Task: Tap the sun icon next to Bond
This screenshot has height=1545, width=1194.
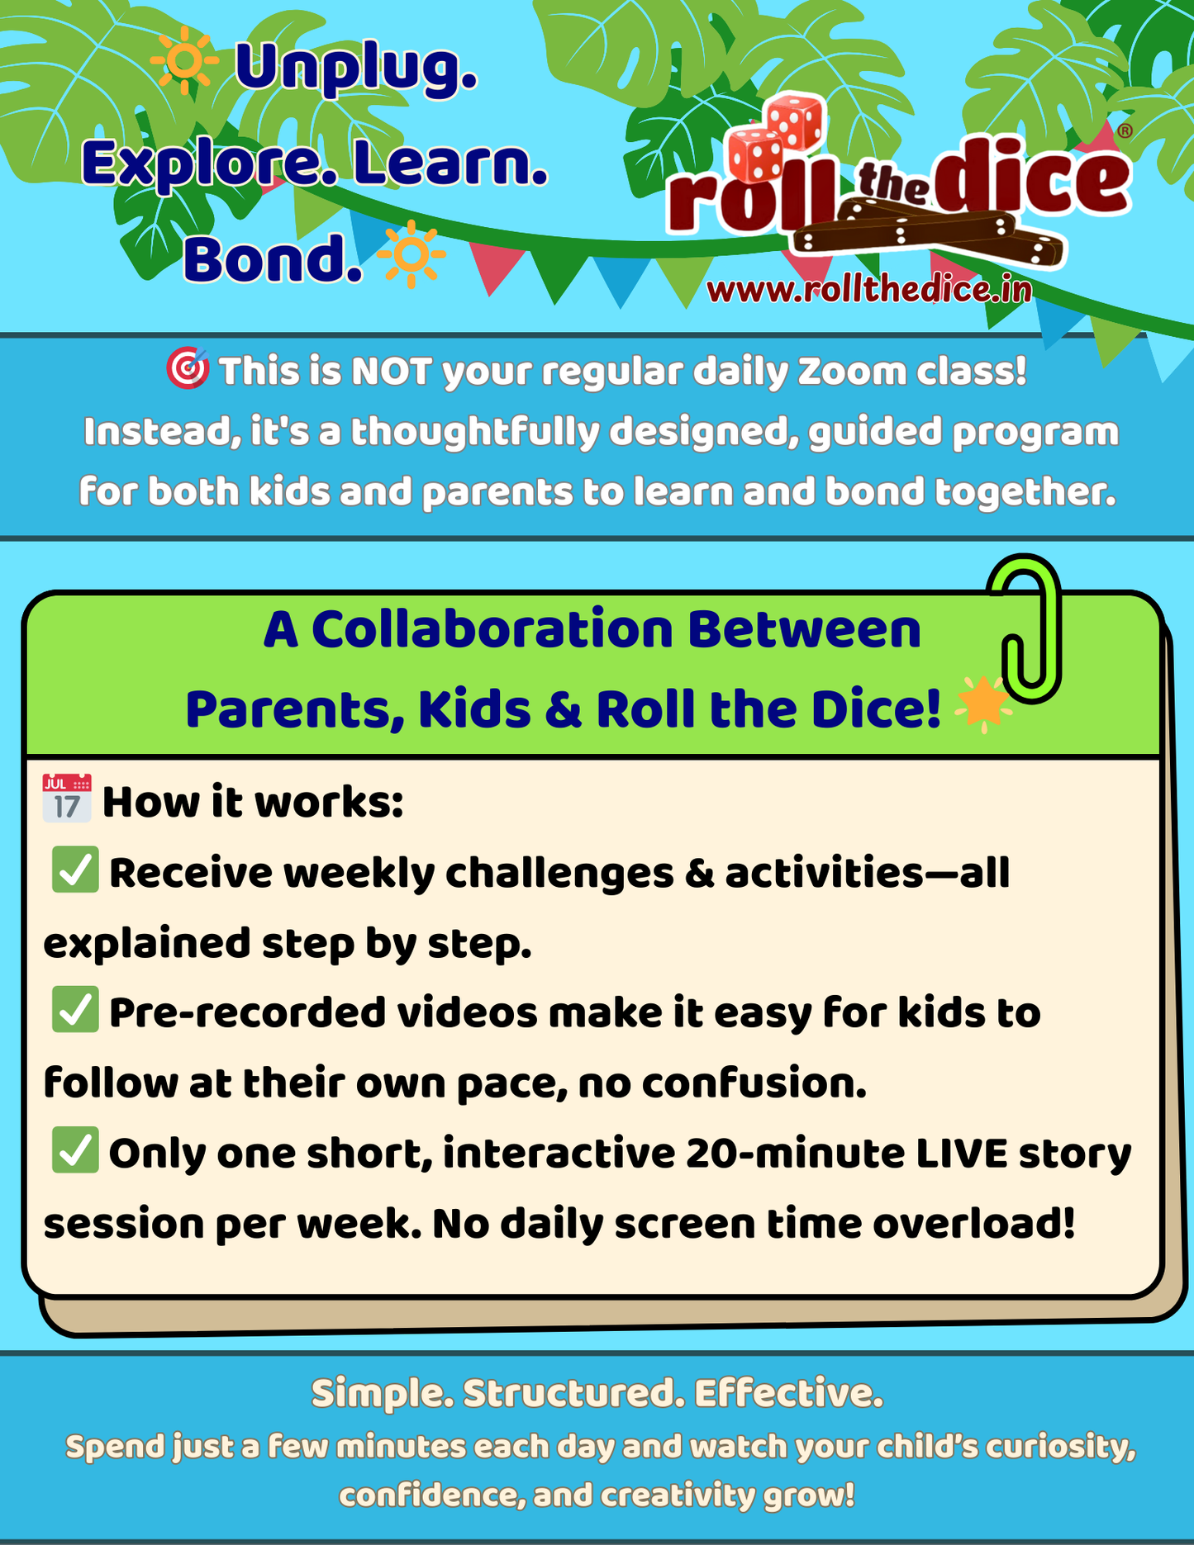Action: [x=411, y=254]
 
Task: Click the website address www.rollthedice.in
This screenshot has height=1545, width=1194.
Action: [x=869, y=289]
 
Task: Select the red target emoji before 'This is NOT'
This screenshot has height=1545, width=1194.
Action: [x=188, y=368]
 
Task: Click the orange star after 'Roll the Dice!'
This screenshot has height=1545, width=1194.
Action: [x=982, y=704]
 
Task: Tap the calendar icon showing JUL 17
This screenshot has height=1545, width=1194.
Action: [x=67, y=799]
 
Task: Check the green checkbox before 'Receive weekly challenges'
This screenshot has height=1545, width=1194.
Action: [x=75, y=870]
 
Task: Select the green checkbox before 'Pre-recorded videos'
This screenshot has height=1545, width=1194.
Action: [x=75, y=1009]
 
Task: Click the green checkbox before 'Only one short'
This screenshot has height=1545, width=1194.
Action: [x=75, y=1149]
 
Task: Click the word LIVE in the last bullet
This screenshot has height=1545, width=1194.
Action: [x=961, y=1154]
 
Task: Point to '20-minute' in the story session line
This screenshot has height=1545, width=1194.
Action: [x=794, y=1154]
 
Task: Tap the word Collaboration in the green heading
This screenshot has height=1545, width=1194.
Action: [x=492, y=629]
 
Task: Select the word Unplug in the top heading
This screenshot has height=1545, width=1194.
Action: [x=356, y=68]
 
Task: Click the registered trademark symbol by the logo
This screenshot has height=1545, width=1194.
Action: [x=1124, y=130]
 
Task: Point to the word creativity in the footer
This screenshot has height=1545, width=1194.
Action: [x=678, y=1495]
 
